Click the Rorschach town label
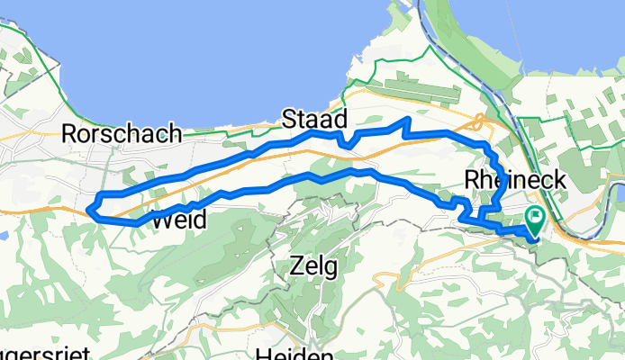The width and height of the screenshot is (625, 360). [x=121, y=133]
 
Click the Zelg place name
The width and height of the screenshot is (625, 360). [x=312, y=266]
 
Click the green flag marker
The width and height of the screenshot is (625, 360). [x=535, y=217]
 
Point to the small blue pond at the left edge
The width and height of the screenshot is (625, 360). [x=4, y=235]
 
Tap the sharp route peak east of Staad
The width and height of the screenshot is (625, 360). [x=410, y=119]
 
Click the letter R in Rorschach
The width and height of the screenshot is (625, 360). [x=68, y=134]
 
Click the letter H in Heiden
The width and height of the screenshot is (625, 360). [x=262, y=354]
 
